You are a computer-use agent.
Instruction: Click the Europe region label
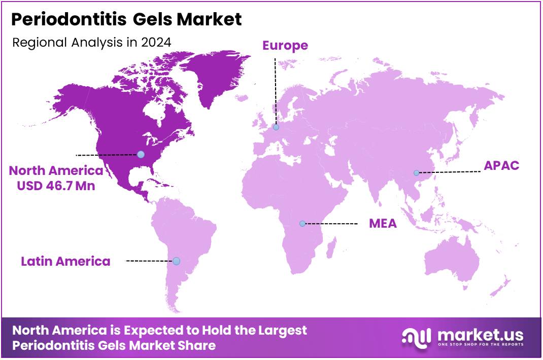285,45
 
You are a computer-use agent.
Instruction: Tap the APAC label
501,165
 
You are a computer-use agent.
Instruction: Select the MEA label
383,224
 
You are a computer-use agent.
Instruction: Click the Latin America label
65,261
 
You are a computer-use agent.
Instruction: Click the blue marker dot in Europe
276,127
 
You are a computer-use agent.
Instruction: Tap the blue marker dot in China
416,173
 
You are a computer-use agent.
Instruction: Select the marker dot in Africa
302,223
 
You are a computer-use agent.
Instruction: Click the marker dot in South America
176,261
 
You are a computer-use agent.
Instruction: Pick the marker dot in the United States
141,154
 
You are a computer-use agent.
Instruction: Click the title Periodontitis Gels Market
126,20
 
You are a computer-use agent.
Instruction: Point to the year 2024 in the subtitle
156,42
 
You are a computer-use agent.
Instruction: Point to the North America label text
56,170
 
